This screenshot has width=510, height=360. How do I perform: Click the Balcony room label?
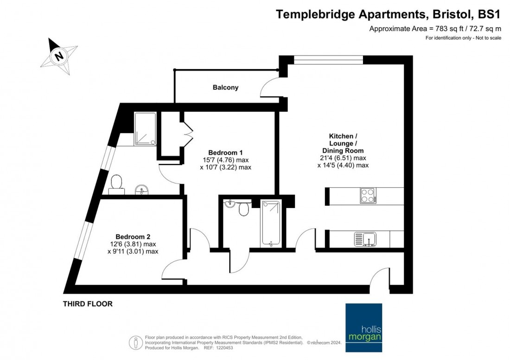click(225, 87)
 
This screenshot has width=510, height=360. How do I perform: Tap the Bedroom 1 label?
click(225, 152)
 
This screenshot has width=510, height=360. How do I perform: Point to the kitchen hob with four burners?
click(368, 196)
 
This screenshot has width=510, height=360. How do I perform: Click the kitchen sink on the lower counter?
click(366, 239)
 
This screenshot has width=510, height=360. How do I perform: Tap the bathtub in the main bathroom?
click(269, 222)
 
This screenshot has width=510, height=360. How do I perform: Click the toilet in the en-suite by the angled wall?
click(116, 183)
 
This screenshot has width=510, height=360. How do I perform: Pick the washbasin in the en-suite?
click(142, 189)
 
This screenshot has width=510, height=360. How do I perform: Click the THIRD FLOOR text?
click(88, 304)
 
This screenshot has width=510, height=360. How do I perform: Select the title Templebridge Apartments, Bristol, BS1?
click(389, 14)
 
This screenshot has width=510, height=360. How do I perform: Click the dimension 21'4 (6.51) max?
click(343, 158)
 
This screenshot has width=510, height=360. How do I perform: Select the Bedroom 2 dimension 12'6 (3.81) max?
click(133, 244)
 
